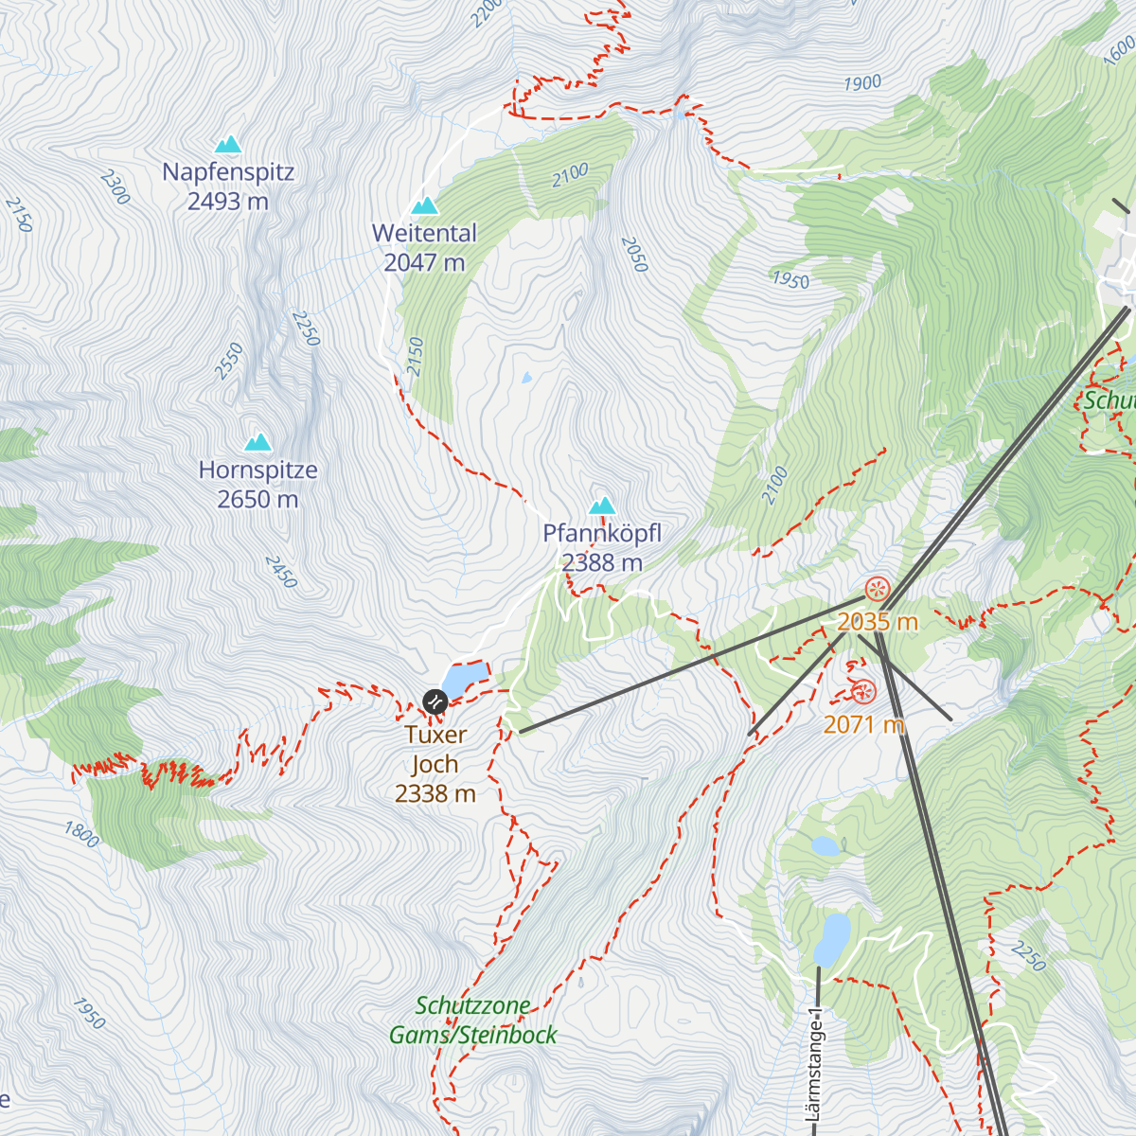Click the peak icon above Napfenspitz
[228, 145]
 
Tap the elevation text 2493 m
[228, 202]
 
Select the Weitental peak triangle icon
[425, 205]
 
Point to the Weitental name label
[424, 233]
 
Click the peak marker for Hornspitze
[258, 442]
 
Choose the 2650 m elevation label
[257, 499]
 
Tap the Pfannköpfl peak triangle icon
[602, 506]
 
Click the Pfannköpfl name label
[602, 533]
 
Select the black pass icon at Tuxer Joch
[434, 701]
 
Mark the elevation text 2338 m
[435, 793]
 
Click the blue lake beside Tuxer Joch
[465, 678]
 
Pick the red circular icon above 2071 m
[862, 693]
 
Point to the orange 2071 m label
[863, 724]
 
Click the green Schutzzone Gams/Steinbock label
[473, 1021]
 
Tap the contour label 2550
[229, 362]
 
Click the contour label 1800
[81, 834]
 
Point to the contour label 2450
[281, 572]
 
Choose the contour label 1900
[862, 83]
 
